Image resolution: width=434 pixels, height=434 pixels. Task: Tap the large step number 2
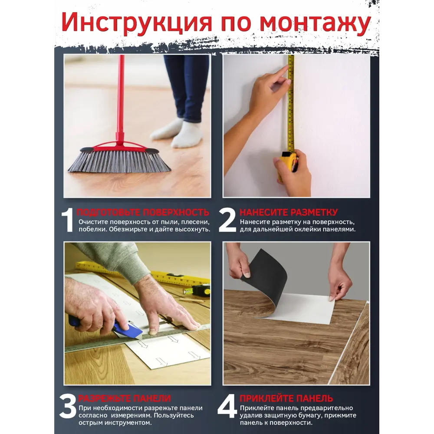227,220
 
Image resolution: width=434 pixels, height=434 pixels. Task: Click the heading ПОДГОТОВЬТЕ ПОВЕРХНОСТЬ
143,212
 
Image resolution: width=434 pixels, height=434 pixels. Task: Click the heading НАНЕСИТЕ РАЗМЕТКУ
288,212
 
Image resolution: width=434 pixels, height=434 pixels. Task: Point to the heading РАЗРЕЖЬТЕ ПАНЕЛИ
124,398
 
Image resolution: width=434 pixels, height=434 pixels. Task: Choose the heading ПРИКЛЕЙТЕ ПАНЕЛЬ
286,398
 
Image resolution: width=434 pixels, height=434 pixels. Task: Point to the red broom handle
121,95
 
